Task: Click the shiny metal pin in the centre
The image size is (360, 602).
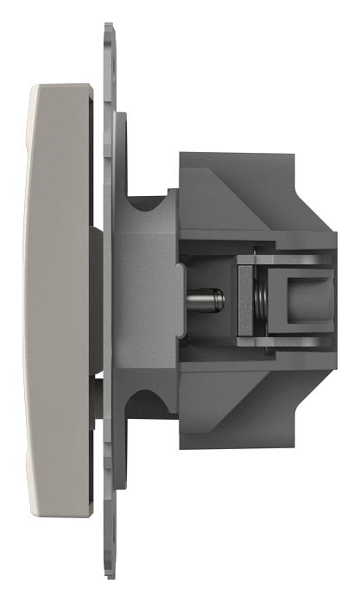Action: (207, 301)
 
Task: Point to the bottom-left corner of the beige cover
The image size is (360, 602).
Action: (35, 515)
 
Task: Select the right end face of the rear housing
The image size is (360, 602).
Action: (332, 300)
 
